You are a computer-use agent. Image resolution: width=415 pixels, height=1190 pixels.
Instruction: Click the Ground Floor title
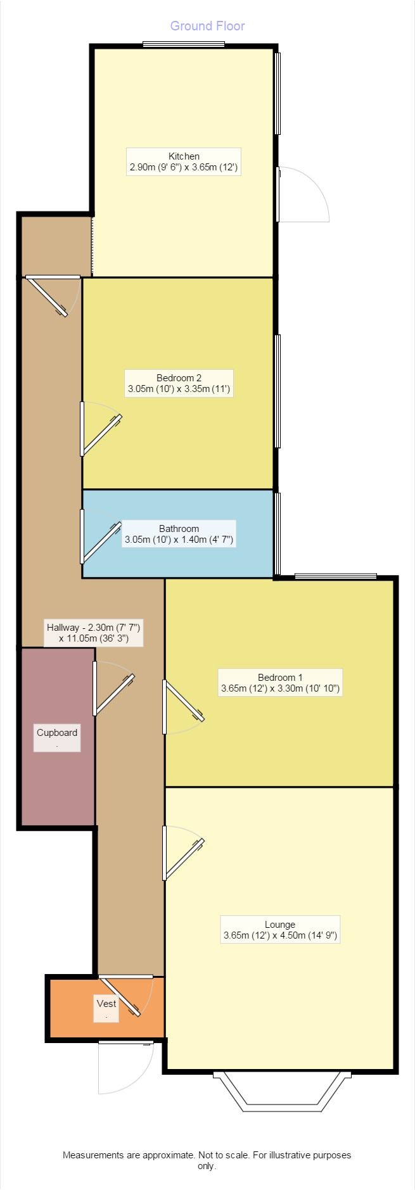tap(207, 26)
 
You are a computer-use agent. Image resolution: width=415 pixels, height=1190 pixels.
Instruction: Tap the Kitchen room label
tap(184, 161)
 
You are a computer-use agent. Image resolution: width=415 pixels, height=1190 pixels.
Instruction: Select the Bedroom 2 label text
tap(179, 383)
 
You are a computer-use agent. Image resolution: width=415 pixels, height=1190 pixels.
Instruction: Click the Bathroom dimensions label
tap(179, 534)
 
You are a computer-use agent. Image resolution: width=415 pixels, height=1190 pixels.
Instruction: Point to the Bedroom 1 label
tap(279, 682)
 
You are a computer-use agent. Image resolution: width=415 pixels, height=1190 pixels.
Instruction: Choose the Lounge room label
tap(279, 929)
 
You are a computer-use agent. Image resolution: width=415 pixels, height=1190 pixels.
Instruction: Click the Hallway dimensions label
tap(94, 632)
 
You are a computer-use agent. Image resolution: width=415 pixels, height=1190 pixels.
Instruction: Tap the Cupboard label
tap(57, 737)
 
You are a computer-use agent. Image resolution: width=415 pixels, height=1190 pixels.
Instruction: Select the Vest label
tap(106, 1008)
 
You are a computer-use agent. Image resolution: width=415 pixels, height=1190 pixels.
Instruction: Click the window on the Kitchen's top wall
tap(183, 44)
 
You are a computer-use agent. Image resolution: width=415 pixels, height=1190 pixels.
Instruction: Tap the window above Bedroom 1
tap(335, 576)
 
